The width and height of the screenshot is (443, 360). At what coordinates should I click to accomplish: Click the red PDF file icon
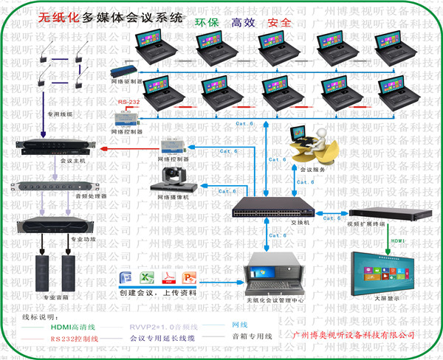click(168, 279)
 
